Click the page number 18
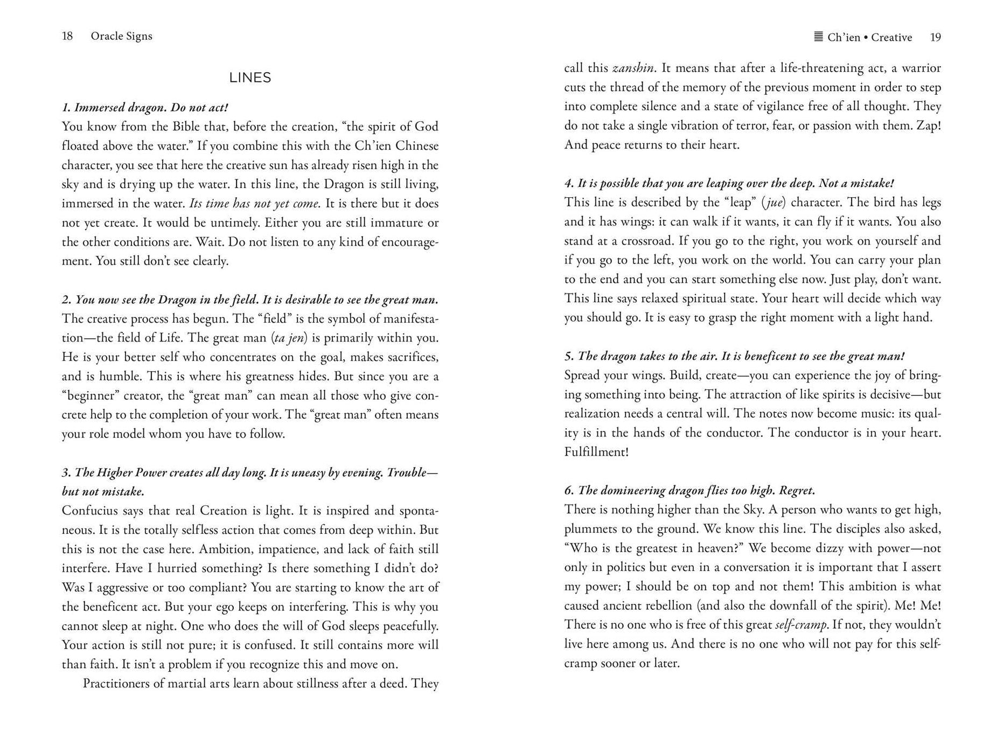click(x=67, y=36)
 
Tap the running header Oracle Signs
click(x=121, y=36)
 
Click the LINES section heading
click(x=250, y=78)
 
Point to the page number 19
click(x=935, y=37)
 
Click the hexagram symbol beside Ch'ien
click(x=818, y=37)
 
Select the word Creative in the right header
click(x=891, y=37)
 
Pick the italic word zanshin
click(x=633, y=68)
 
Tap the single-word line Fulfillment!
click(x=596, y=451)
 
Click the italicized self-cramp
click(x=801, y=624)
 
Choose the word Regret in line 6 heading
click(x=797, y=490)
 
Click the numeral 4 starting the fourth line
click(x=568, y=183)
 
